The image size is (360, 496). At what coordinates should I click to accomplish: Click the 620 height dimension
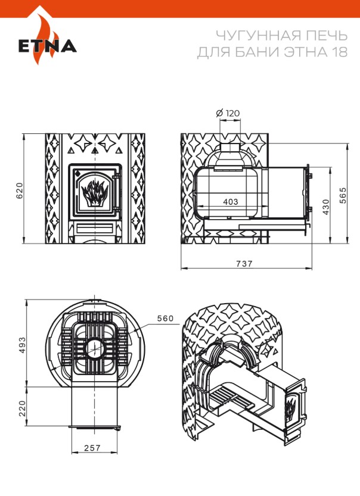pyautogui.click(x=19, y=189)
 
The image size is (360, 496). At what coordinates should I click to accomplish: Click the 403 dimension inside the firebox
pyautogui.click(x=230, y=202)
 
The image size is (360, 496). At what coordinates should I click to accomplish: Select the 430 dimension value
pyautogui.click(x=325, y=205)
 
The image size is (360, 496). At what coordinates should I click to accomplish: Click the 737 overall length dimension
pyautogui.click(x=244, y=263)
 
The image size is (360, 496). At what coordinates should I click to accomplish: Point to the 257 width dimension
pyautogui.click(x=92, y=447)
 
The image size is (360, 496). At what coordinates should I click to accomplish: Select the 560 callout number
pyautogui.click(x=165, y=319)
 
